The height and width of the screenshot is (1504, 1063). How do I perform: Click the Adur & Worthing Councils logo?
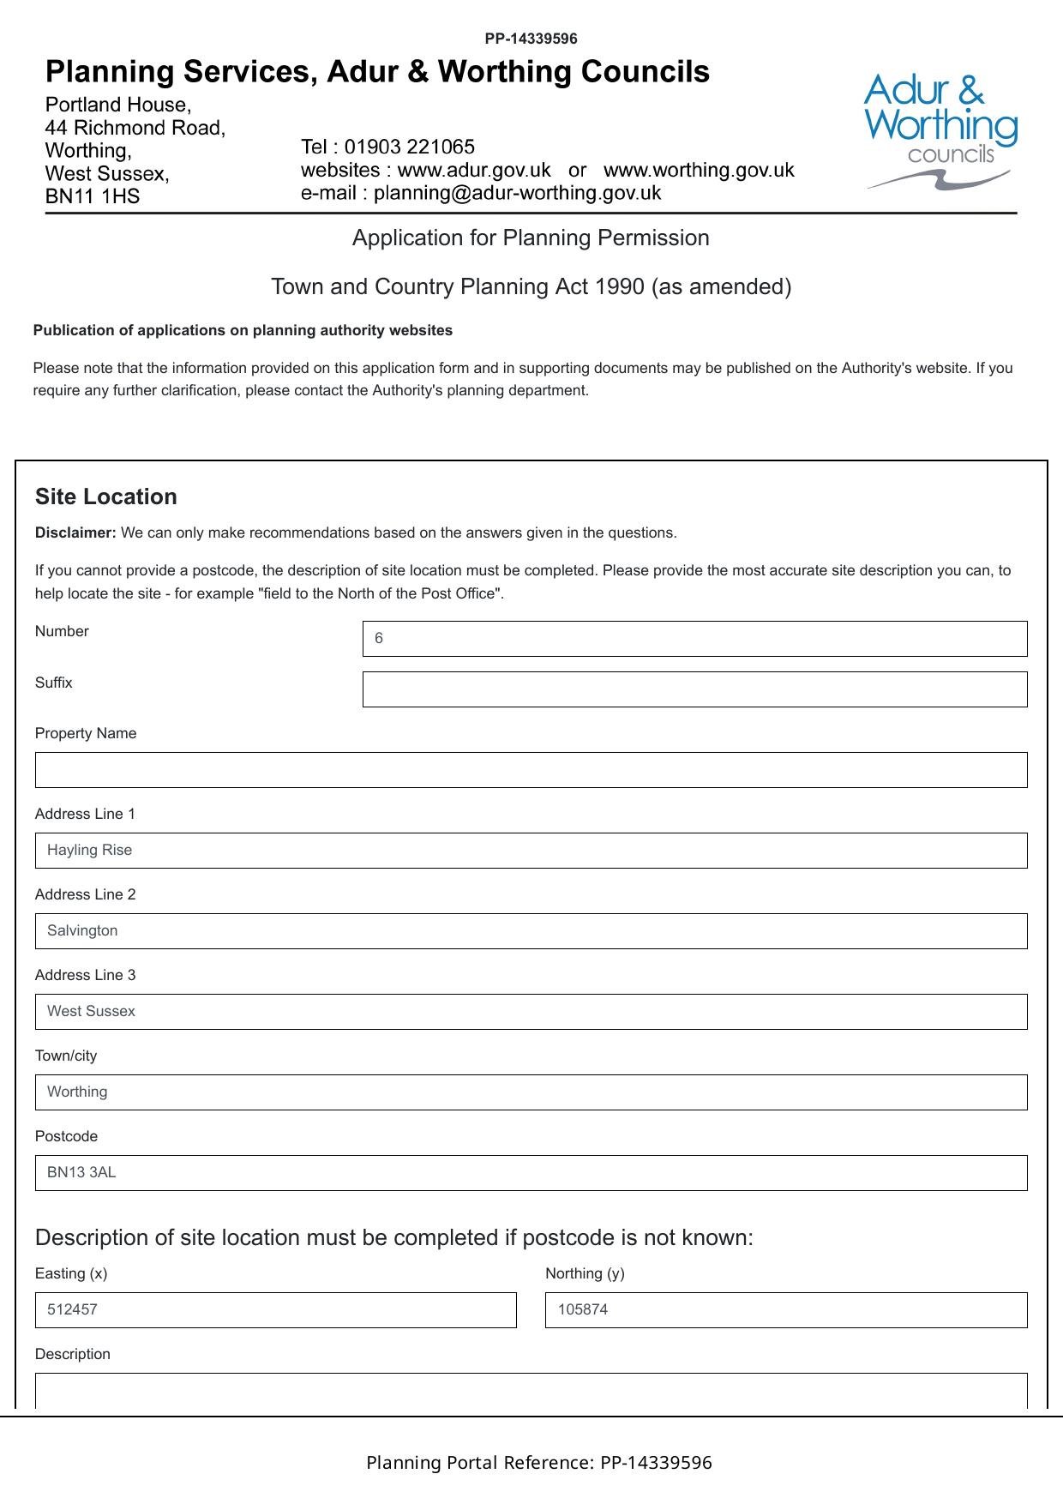(940, 130)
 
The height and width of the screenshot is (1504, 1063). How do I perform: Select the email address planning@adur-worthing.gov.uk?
(517, 193)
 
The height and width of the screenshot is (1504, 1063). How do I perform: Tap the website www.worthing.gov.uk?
(699, 170)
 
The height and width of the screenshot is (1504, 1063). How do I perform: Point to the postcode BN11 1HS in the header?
(93, 196)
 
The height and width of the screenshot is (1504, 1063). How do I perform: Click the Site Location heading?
(106, 496)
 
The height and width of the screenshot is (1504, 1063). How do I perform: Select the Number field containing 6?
(694, 639)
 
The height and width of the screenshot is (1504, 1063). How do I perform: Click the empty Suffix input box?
(694, 689)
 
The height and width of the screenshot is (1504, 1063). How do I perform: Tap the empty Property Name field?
(531, 770)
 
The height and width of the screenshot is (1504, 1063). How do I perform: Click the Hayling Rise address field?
(531, 851)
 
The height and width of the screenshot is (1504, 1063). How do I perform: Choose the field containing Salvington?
(531, 931)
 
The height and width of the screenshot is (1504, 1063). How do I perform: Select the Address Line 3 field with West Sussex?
(531, 1012)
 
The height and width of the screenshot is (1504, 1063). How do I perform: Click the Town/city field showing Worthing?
(531, 1092)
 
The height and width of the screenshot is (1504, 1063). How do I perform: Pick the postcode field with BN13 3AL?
(531, 1173)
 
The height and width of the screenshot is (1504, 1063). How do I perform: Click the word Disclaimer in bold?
(75, 532)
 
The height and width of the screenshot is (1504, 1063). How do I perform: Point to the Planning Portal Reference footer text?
(538, 1463)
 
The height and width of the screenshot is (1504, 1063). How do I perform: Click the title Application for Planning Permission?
(531, 238)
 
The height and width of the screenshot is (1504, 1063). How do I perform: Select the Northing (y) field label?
(585, 1273)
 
